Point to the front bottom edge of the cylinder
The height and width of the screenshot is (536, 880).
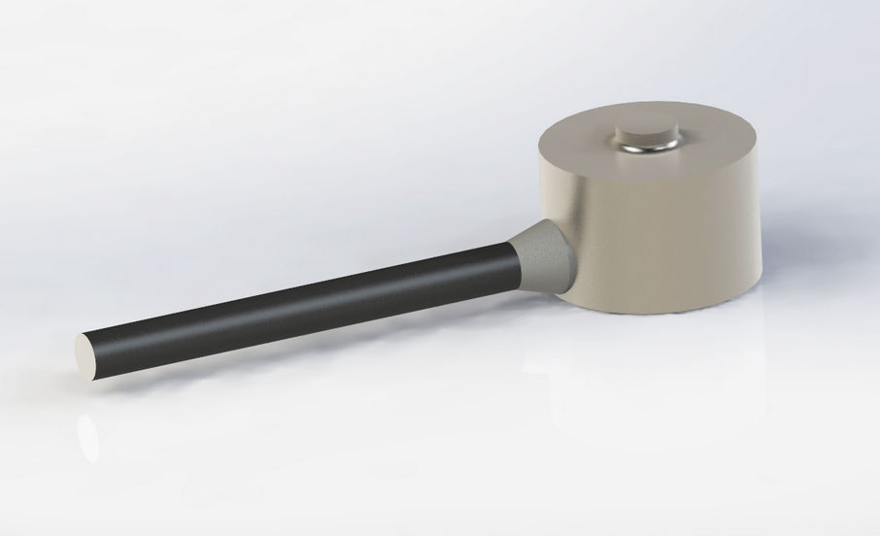(x=670, y=313)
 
